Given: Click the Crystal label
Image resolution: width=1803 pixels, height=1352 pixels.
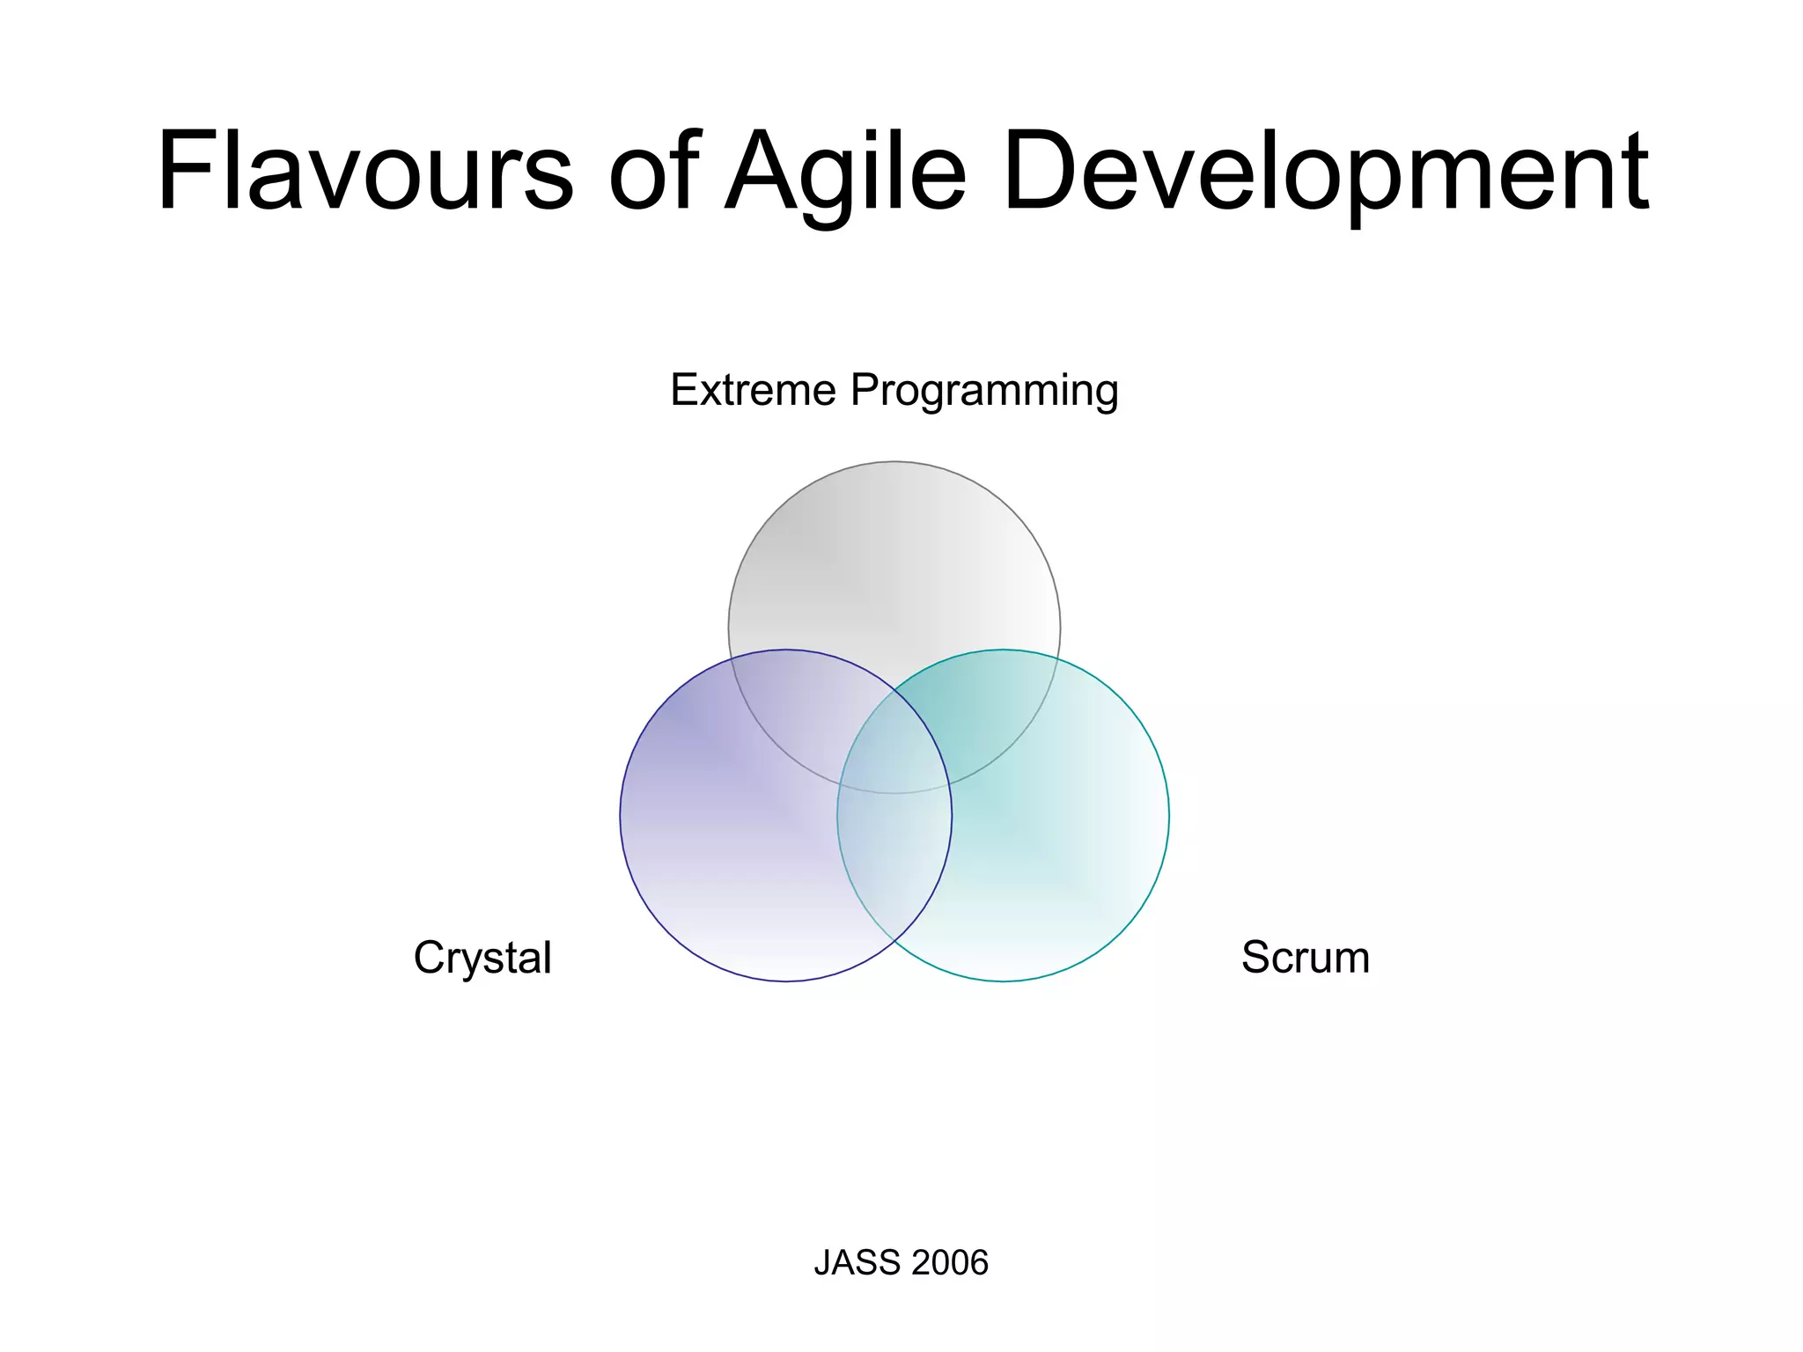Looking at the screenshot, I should click(482, 958).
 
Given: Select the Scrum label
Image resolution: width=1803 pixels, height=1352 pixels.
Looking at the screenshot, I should click(1306, 957).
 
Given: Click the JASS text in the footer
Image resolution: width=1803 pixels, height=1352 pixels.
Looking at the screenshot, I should click(849, 1262).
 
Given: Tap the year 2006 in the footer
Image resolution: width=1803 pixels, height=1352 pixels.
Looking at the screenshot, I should click(950, 1262).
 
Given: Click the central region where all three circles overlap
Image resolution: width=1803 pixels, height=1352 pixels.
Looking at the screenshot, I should click(894, 748).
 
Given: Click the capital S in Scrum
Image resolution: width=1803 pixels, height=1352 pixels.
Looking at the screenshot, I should click(1256, 957).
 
